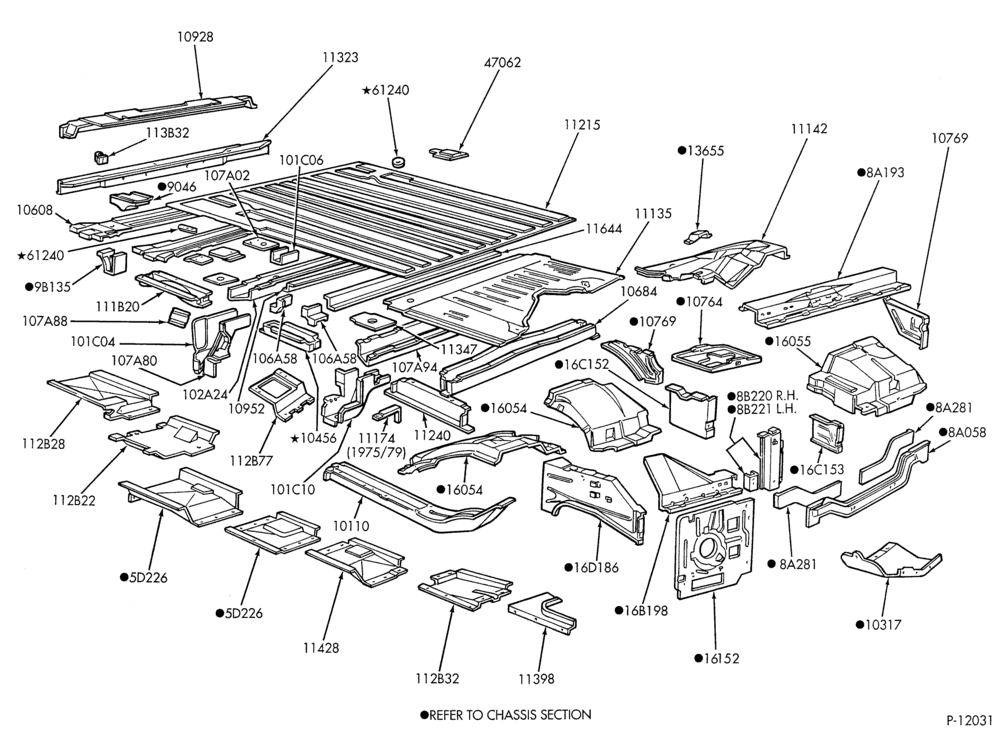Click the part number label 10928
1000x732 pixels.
(195, 37)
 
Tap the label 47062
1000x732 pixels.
(503, 62)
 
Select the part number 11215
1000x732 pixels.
(582, 125)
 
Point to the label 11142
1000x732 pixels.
(809, 128)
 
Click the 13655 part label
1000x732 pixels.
(701, 150)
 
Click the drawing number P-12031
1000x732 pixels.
(969, 720)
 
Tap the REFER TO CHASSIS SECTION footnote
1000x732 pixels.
(506, 715)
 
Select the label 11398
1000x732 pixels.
(536, 679)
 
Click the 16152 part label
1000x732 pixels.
(717, 658)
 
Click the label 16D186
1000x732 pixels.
(591, 567)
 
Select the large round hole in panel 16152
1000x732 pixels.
(709, 548)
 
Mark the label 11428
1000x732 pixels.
(321, 648)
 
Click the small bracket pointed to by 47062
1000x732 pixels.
(449, 154)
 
